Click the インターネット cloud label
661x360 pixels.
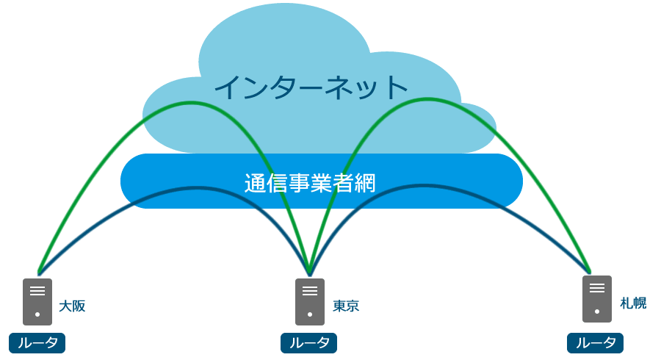pos(311,87)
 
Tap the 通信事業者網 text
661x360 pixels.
pos(310,183)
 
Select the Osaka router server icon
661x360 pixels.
pos(37,301)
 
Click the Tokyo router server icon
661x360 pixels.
pos(310,301)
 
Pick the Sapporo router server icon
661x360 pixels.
pos(597,298)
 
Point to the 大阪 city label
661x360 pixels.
pos(72,306)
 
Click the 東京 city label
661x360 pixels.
pos(346,306)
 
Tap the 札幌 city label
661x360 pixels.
pos(633,303)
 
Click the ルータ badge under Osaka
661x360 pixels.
pos(37,342)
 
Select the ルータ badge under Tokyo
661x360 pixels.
pos(309,342)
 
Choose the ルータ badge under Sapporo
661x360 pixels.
pos(596,342)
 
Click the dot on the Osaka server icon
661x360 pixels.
pos(37,314)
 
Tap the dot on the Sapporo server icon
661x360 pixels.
pos(597,312)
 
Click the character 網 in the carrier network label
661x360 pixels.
pos(365,183)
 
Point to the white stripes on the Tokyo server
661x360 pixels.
pos(310,290)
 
